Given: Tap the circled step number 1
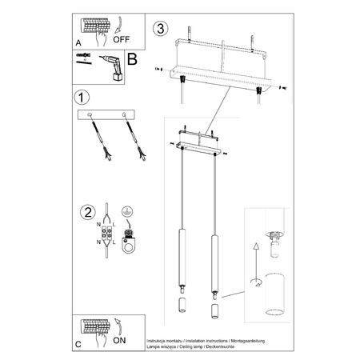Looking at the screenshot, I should coord(81,98).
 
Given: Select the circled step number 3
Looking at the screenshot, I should coord(162,30).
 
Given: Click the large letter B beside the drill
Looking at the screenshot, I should coord(132,59).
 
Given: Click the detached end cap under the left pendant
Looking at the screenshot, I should coord(181,306).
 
